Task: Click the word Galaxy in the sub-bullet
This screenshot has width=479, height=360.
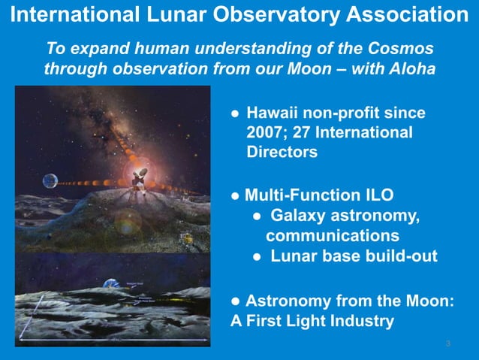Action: coord(301,216)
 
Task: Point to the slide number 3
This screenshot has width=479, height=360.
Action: coord(447,344)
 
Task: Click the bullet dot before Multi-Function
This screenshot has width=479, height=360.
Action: coord(235,197)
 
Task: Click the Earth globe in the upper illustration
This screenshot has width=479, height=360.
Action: coord(50,181)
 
